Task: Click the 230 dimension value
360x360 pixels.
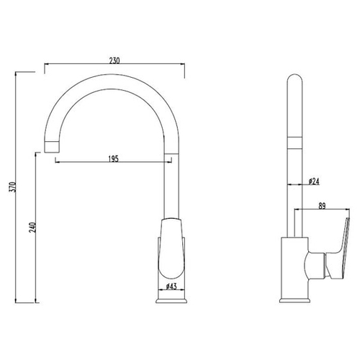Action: coord(114,60)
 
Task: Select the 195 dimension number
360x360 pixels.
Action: coord(114,159)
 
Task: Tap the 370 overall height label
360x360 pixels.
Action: coord(12,186)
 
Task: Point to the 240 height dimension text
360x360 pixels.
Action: coord(32,228)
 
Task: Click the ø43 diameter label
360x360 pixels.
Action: coord(171,286)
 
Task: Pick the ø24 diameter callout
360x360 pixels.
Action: coord(314,181)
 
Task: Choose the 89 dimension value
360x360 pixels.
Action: coord(322,206)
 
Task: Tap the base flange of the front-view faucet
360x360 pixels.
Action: coord(171,301)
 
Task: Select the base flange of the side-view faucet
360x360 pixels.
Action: coord(295,301)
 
